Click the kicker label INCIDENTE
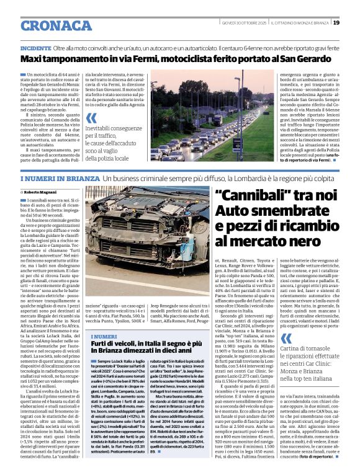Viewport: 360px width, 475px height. [36, 48]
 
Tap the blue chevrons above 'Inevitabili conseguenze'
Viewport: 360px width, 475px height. [91, 118]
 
